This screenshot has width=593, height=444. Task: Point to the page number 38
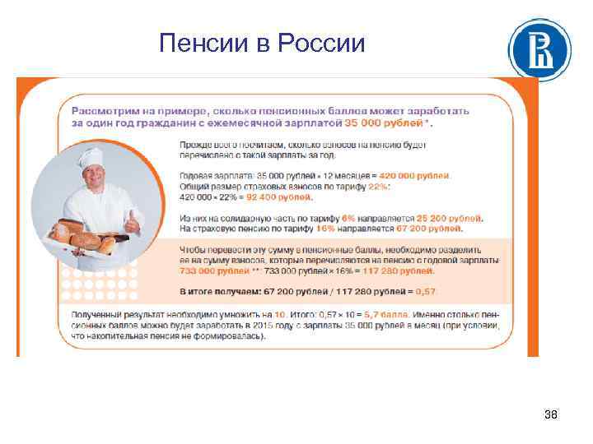551,414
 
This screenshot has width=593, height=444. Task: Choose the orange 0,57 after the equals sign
427,291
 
